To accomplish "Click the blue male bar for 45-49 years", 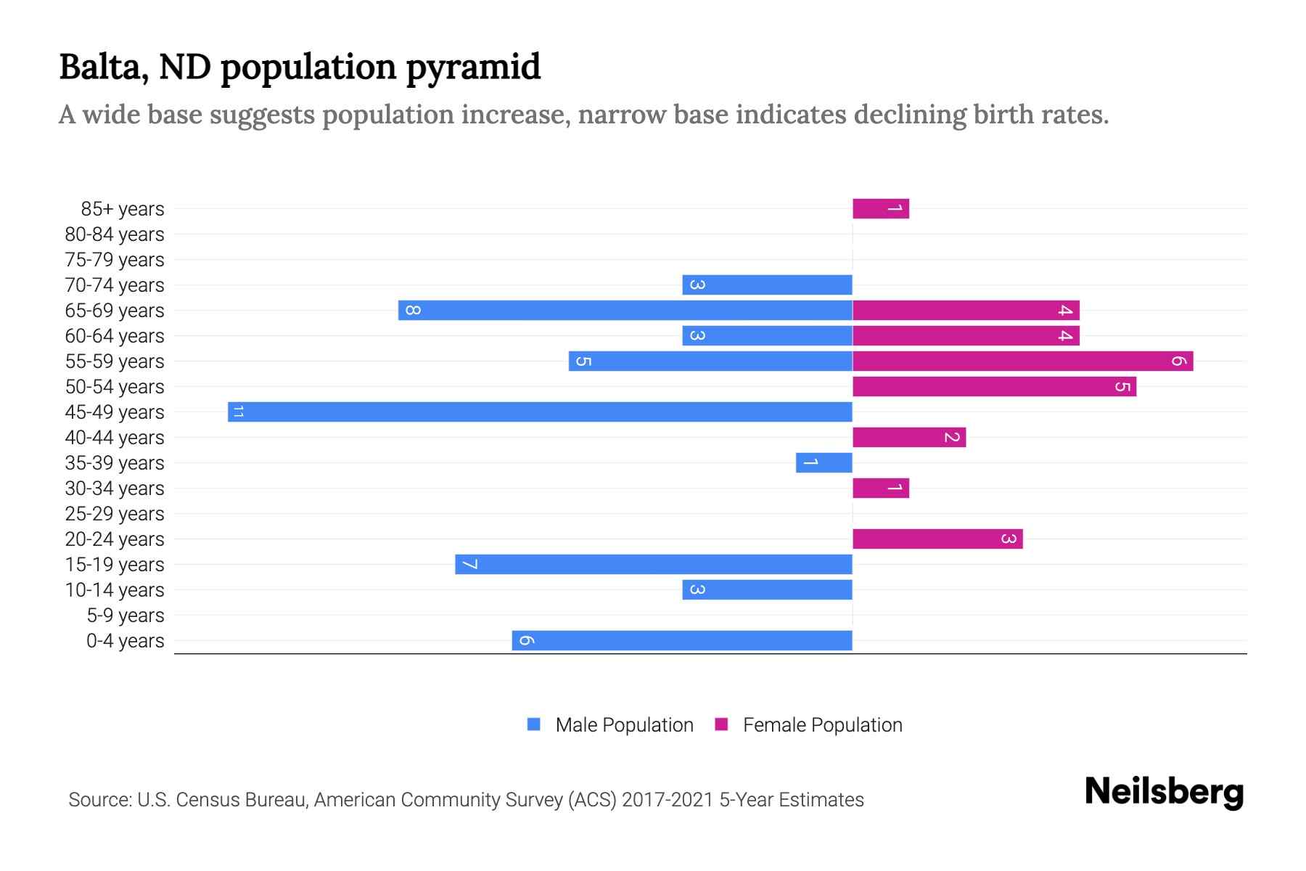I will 540,412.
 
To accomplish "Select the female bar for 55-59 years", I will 1022,361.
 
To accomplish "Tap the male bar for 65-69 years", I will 625,310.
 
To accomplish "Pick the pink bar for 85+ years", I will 880,208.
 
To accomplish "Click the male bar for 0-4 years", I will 681,640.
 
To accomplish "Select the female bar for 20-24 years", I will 937,539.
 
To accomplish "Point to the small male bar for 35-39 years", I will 824,462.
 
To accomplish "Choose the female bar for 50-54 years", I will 994,386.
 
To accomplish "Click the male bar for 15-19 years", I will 653,564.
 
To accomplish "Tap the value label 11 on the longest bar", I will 237,412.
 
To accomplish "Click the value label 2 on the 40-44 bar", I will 952,437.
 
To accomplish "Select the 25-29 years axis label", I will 115,513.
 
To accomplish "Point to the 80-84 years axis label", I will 115,234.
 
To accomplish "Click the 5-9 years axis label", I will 125,615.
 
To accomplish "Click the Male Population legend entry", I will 623,724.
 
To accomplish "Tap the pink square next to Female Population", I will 721,724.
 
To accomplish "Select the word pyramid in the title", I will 472,67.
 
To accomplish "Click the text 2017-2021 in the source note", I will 668,799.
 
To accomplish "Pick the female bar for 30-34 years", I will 880,488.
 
